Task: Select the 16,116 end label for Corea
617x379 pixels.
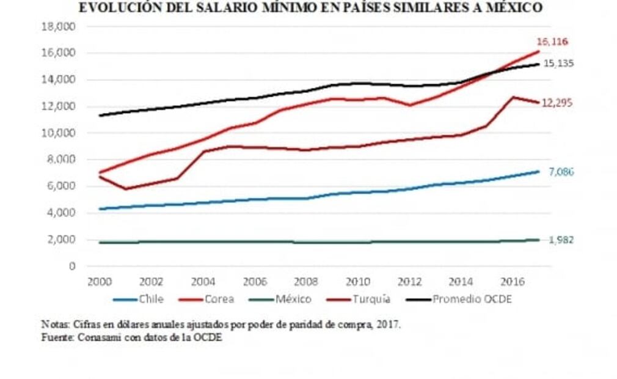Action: (552, 42)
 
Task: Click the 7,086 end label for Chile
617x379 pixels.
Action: (560, 172)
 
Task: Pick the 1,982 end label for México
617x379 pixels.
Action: (560, 240)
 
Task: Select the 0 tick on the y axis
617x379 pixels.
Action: (71, 266)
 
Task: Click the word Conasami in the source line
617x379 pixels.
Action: (97, 337)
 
